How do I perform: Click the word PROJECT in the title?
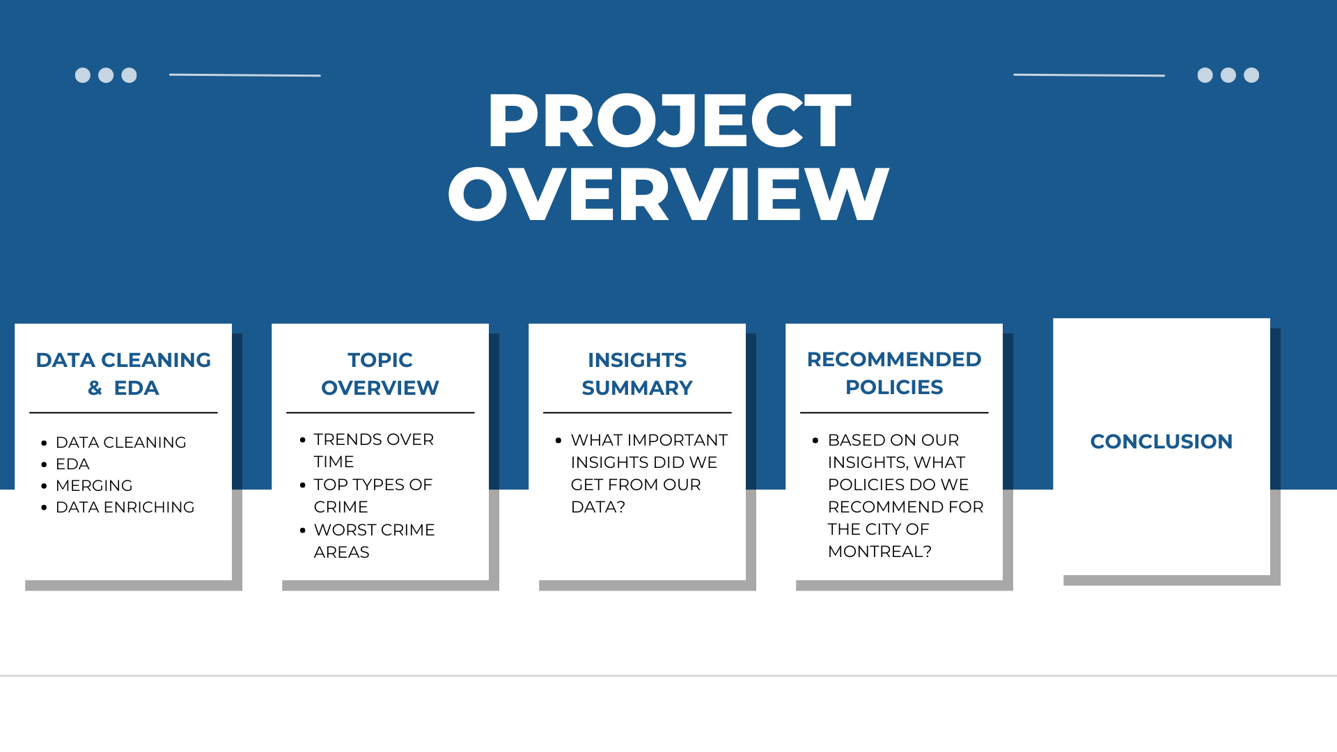669,120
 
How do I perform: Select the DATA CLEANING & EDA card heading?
123,374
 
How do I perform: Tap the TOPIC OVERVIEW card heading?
380,374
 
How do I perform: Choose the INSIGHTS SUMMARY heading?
637,374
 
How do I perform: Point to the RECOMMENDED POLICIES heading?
894,373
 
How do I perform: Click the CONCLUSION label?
1162,441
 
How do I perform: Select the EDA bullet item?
72,464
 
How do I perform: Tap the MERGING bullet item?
94,485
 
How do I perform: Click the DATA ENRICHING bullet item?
125,507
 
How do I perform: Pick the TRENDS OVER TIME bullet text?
374,451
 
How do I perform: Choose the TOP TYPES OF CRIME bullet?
373,496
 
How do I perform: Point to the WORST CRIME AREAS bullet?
375,541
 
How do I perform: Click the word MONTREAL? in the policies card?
879,551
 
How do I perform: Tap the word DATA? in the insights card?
598,507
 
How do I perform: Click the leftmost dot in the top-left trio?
83,75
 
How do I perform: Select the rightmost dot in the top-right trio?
1251,75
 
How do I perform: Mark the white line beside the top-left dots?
245,75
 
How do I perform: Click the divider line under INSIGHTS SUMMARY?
637,413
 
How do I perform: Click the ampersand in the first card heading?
95,388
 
